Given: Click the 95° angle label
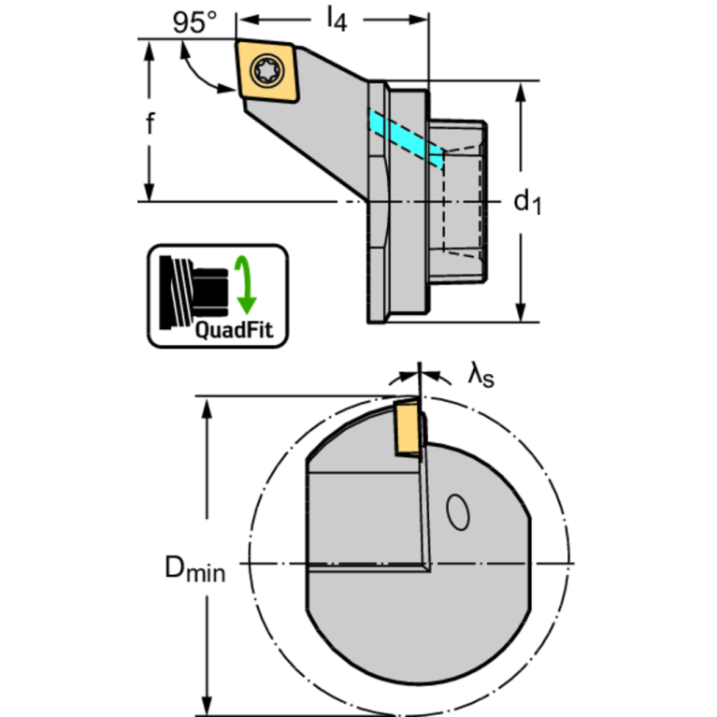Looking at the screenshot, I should click(x=194, y=22).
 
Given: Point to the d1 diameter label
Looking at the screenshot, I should click(x=528, y=200).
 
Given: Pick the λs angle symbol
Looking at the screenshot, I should click(x=480, y=376).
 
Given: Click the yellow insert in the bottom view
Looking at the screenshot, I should click(x=407, y=428).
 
